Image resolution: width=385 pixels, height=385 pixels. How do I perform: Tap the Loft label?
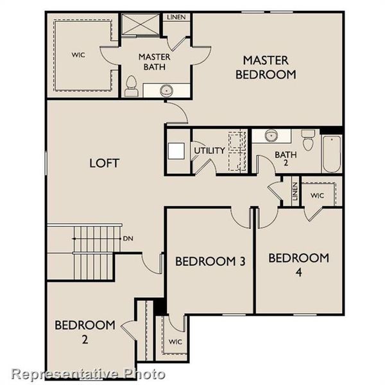click(104, 163)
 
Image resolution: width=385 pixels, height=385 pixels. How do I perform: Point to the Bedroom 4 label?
click(298, 264)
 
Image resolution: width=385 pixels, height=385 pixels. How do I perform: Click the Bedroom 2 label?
click(85, 331)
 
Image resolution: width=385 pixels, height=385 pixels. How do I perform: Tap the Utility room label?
click(209, 151)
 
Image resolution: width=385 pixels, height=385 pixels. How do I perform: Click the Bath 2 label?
click(283, 158)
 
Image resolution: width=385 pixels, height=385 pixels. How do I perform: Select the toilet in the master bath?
click(132, 86)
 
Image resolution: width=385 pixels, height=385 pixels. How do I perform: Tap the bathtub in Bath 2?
click(332, 154)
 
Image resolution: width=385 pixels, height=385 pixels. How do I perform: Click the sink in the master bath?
click(167, 90)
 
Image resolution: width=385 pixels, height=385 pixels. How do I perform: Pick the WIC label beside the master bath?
click(78, 55)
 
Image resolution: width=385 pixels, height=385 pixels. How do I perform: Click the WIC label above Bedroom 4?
click(317, 195)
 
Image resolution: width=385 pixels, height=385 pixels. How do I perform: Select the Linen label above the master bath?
click(175, 16)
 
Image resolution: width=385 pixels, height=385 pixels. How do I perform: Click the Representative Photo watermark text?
click(89, 373)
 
